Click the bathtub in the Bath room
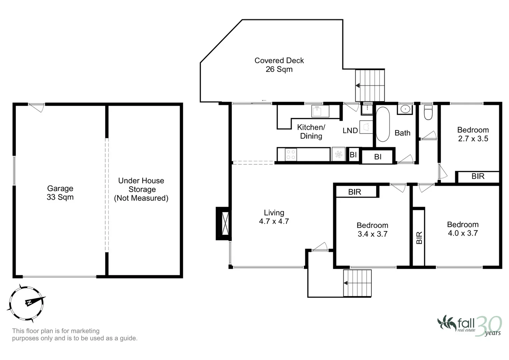[x=382, y=124]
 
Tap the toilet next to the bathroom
[x=428, y=112]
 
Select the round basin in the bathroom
[x=405, y=109]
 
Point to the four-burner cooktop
[x=291, y=155]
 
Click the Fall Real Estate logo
[x=469, y=325]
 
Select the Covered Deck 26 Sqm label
[x=279, y=65]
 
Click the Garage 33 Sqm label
[x=60, y=193]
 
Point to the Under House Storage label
[x=141, y=189]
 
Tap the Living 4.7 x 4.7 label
[x=274, y=217]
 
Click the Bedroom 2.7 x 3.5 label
[x=473, y=134]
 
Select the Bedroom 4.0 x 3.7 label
[x=463, y=229]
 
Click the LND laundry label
[x=350, y=131]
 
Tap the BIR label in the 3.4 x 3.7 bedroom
[x=355, y=192]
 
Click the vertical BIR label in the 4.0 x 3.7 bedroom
[x=419, y=238]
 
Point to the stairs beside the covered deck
[x=370, y=85]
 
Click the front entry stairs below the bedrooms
[x=357, y=283]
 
